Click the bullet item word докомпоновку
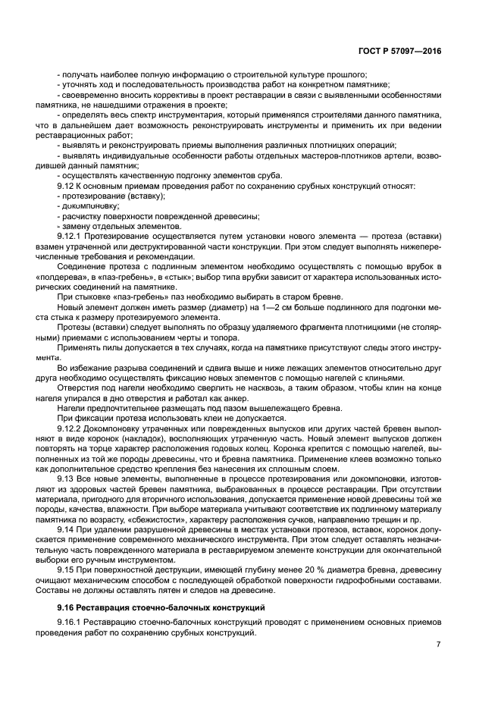[x=89, y=205]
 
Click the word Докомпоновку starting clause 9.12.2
[x=120, y=428]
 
